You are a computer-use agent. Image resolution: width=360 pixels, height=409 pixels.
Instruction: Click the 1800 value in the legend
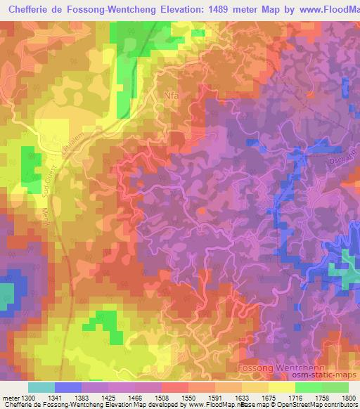(349, 397)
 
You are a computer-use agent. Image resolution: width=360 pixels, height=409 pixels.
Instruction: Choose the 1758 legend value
(323, 397)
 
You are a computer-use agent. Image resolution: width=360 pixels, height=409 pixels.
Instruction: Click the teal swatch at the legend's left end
(41, 387)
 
